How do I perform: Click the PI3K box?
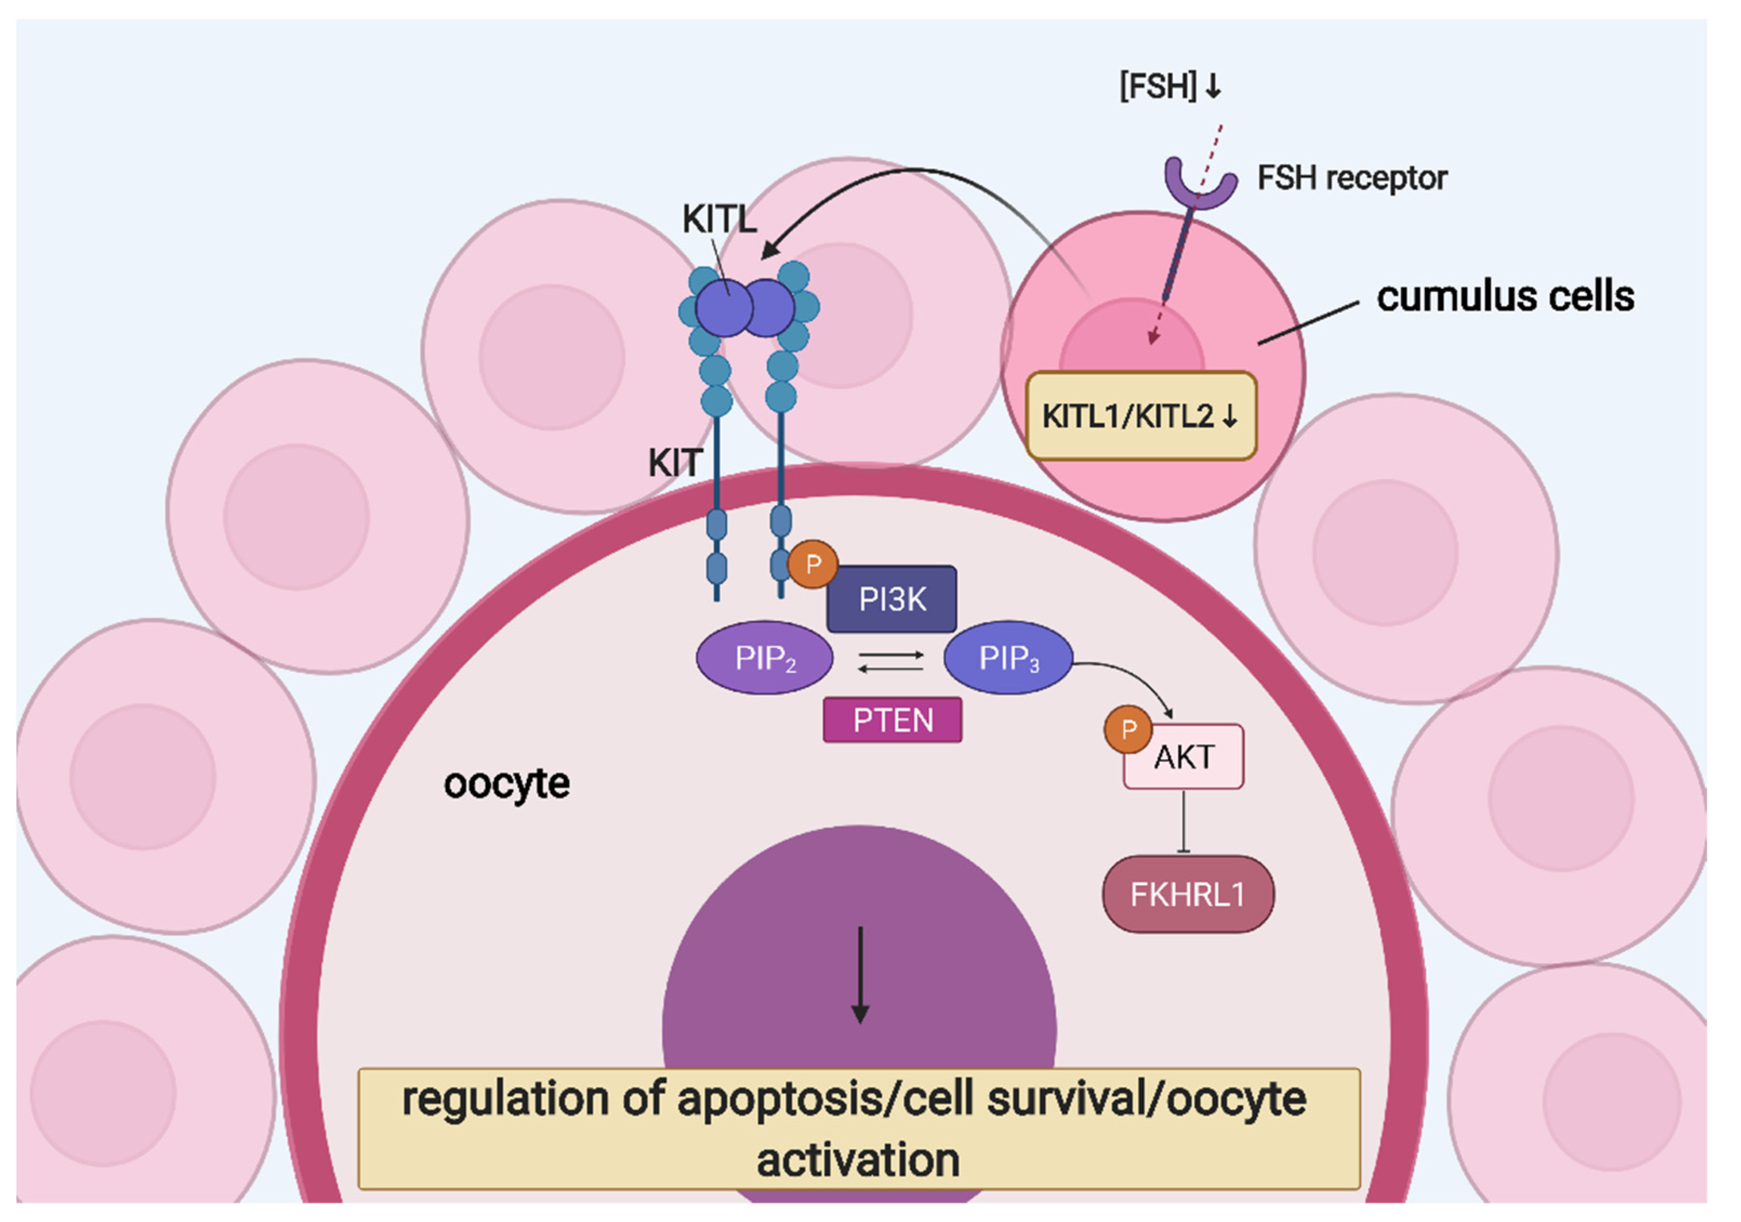coord(892,600)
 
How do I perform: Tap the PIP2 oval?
coord(764,658)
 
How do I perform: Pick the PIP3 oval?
coord(1008,658)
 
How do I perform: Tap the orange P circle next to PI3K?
coord(813,564)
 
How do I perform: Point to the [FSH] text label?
coord(1158,87)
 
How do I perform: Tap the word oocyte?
coord(507,784)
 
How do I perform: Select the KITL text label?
coord(719,220)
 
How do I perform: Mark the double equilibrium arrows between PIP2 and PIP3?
coord(890,661)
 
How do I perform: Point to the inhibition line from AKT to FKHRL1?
coord(1184,822)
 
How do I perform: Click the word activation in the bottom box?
coord(858,1160)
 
